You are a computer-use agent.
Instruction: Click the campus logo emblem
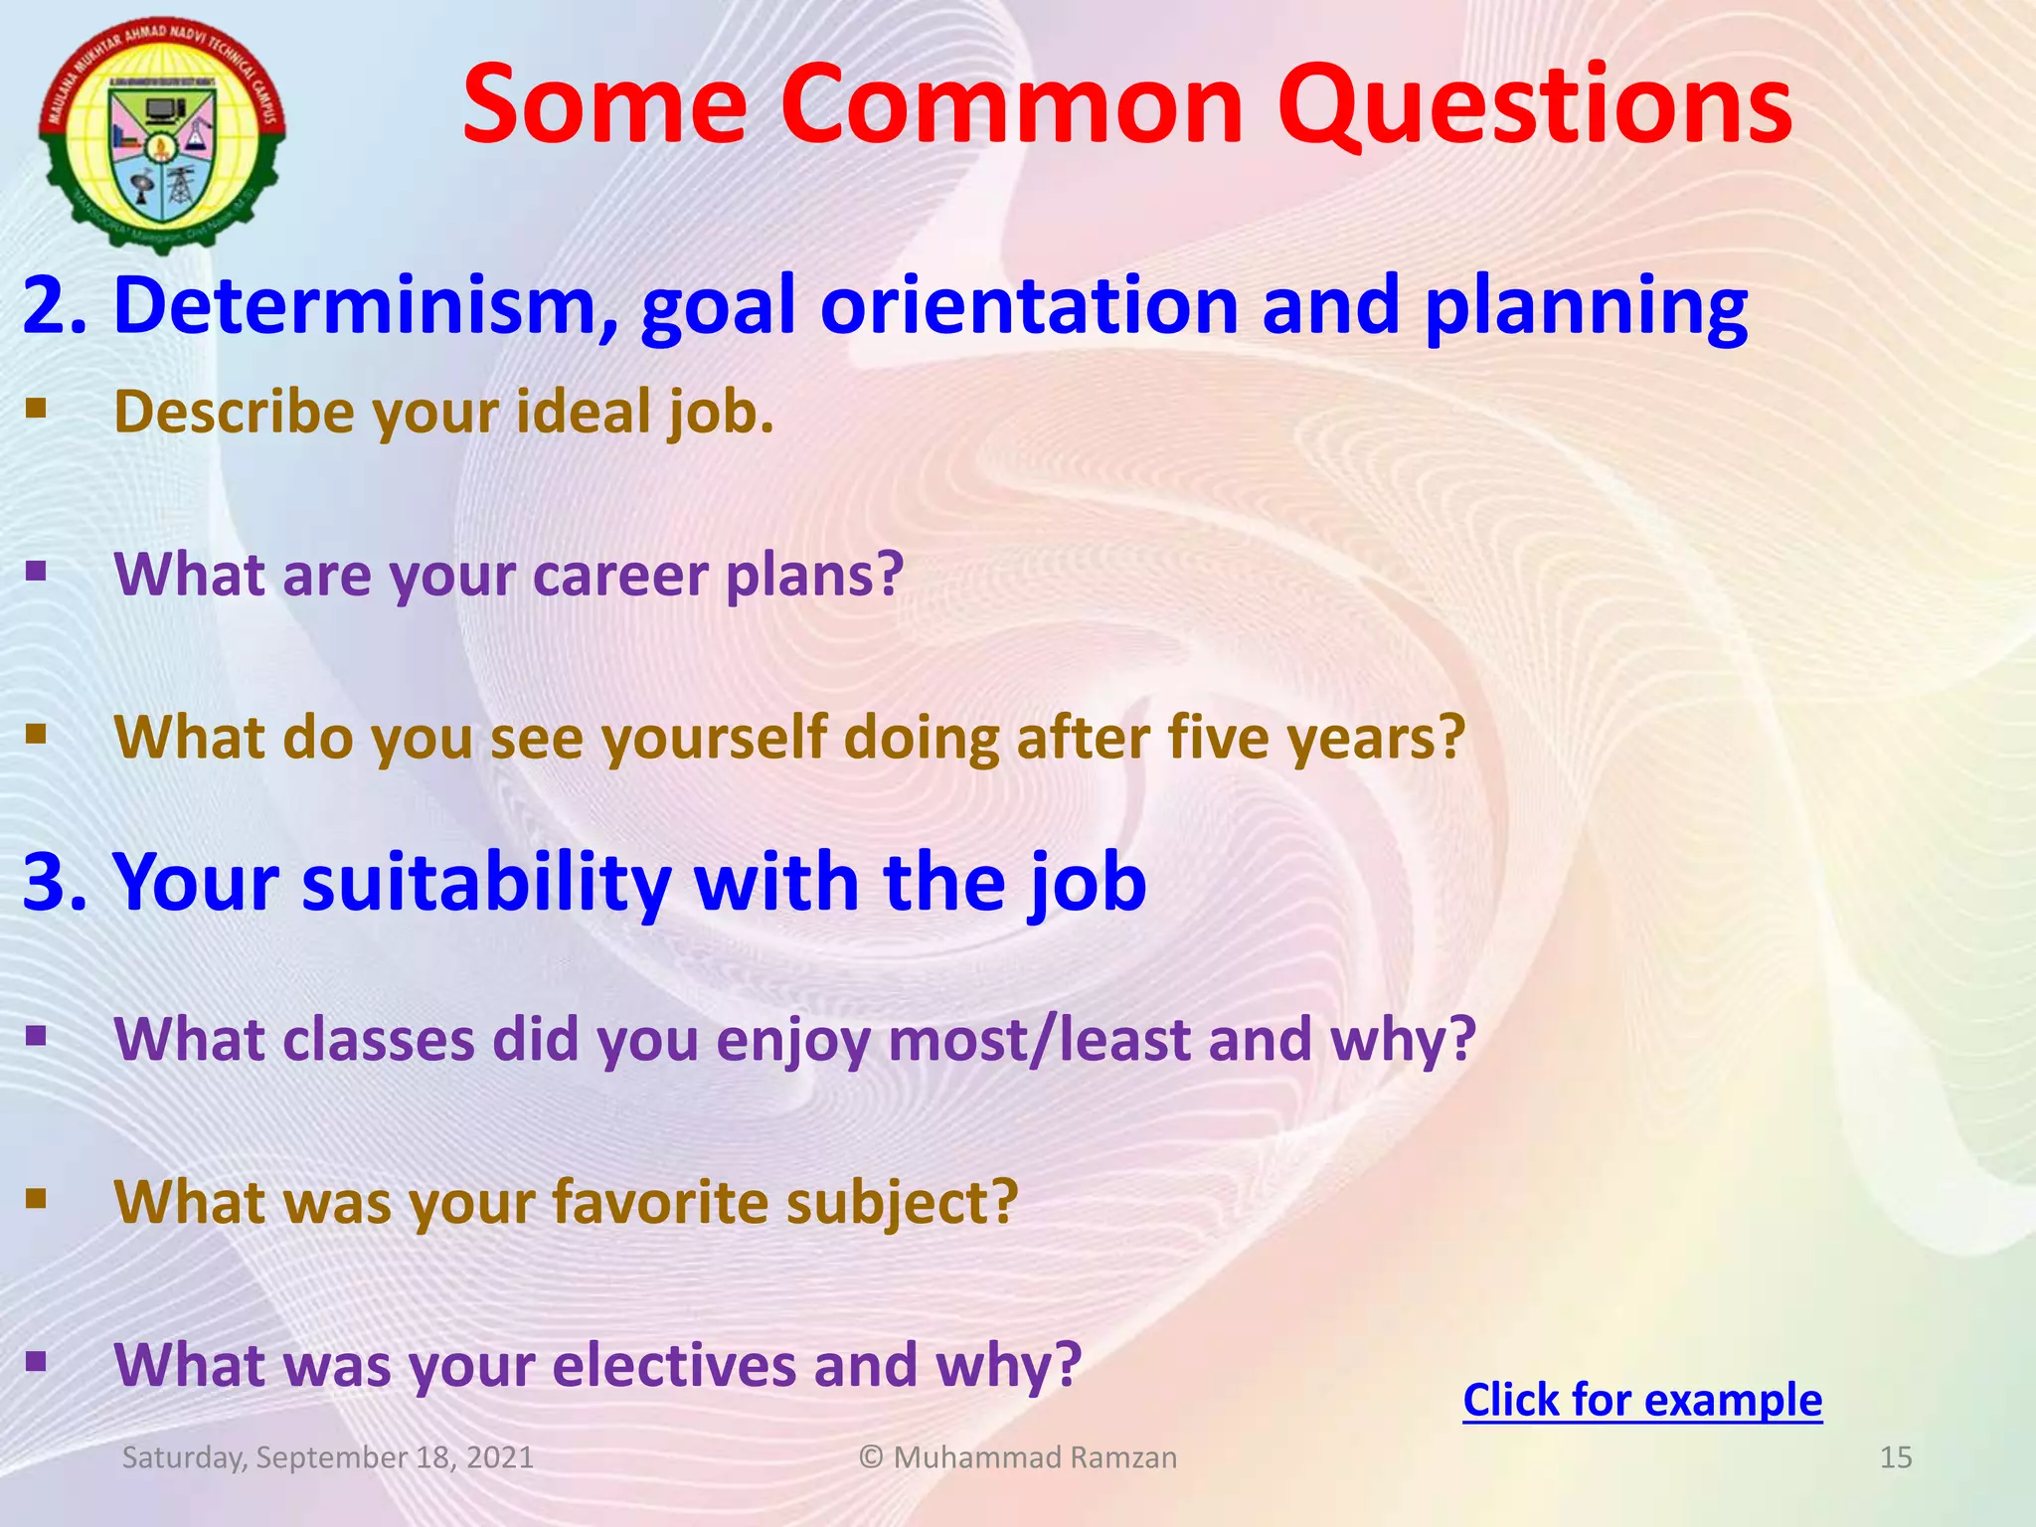pos(162,134)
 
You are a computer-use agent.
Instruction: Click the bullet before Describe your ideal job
pos(37,408)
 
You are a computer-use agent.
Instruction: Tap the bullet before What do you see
pos(37,734)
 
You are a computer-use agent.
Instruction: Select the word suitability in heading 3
pos(486,882)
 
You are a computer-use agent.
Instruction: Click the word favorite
pos(660,1202)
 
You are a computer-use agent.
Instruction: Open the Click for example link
pos(1642,1401)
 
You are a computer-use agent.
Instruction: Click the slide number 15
pos(1896,1457)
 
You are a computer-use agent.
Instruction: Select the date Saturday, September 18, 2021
pos(328,1457)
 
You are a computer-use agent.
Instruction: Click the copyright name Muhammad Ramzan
pos(1034,1457)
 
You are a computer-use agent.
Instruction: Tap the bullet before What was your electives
pos(37,1360)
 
